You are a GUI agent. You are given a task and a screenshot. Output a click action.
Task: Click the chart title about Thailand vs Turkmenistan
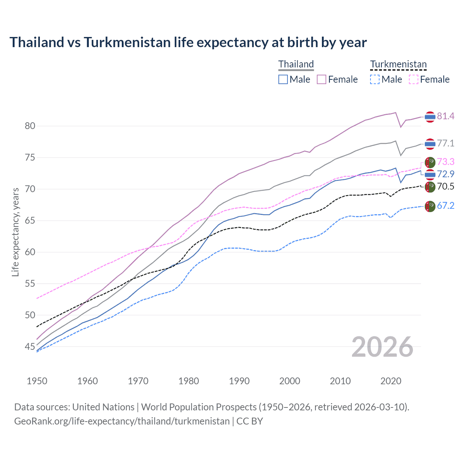coord(188,42)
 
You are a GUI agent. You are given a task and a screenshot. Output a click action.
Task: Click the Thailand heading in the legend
coord(296,65)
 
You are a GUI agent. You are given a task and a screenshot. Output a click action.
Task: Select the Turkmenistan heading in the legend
coord(398,65)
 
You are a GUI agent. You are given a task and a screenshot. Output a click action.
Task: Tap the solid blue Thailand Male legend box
coord(283,79)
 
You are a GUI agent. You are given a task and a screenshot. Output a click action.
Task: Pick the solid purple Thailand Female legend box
coord(322,79)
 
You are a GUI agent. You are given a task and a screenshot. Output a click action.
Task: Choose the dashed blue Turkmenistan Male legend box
coord(375,79)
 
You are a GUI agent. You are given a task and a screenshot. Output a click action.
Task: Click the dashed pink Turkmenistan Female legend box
coord(414,79)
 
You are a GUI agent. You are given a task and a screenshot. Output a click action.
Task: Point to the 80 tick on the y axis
coord(30,126)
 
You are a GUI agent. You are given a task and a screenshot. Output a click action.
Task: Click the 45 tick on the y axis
coord(30,347)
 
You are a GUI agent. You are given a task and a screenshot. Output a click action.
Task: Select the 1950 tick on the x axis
coord(37,381)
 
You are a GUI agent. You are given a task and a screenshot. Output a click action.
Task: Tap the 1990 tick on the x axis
coord(239,381)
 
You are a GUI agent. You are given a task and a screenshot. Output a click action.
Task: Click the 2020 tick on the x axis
coord(391,381)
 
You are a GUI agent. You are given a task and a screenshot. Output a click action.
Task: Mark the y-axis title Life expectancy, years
coord(15,232)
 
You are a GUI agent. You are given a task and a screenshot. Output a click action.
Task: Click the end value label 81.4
coord(446,116)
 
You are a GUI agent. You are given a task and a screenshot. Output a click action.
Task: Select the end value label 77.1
coord(446,144)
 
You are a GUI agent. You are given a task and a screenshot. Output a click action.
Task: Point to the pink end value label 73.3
coord(446,162)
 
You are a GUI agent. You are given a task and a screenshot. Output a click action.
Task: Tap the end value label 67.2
coord(446,206)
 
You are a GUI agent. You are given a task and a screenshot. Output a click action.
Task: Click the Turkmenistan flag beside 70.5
coord(430,187)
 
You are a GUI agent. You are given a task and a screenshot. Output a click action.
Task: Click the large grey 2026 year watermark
coord(382,347)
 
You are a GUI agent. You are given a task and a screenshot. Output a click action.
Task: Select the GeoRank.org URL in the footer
coord(122,421)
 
